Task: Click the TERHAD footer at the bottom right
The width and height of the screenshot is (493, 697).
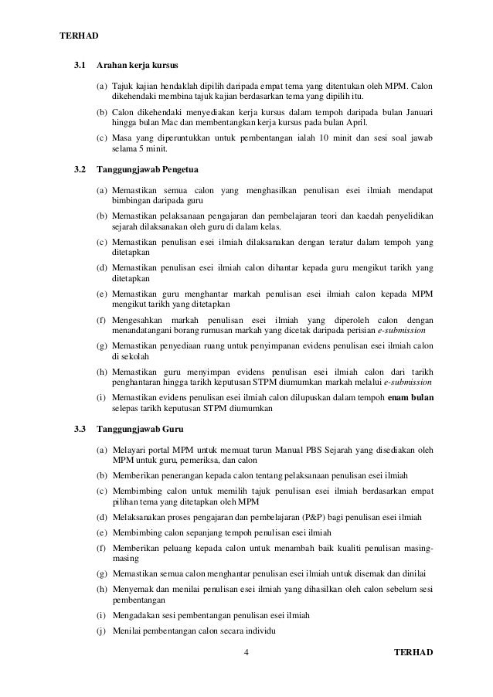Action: pos(413,653)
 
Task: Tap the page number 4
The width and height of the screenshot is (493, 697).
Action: pos(245,653)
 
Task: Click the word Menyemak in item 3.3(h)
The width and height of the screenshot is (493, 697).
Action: pos(134,589)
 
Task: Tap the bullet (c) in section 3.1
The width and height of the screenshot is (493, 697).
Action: pos(102,138)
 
